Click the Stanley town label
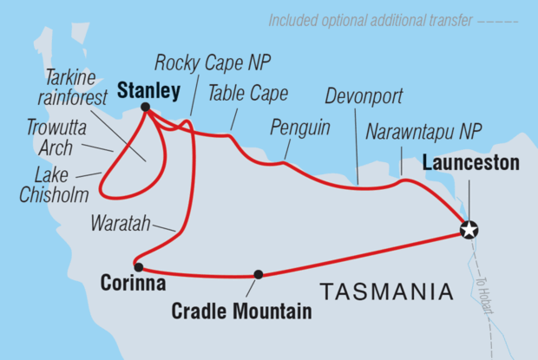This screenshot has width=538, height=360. pyautogui.click(x=149, y=89)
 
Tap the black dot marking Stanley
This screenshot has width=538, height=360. pyautogui.click(x=146, y=108)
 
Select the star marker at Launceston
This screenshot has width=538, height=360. pyautogui.click(x=469, y=230)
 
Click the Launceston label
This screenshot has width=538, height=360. pyautogui.click(x=470, y=162)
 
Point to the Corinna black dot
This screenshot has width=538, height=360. pyautogui.click(x=138, y=267)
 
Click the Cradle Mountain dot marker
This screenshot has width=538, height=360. pyautogui.click(x=258, y=274)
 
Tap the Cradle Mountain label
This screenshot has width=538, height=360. pyautogui.click(x=242, y=309)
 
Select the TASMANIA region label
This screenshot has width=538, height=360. pyautogui.click(x=386, y=289)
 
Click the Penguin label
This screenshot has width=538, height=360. pyautogui.click(x=300, y=128)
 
